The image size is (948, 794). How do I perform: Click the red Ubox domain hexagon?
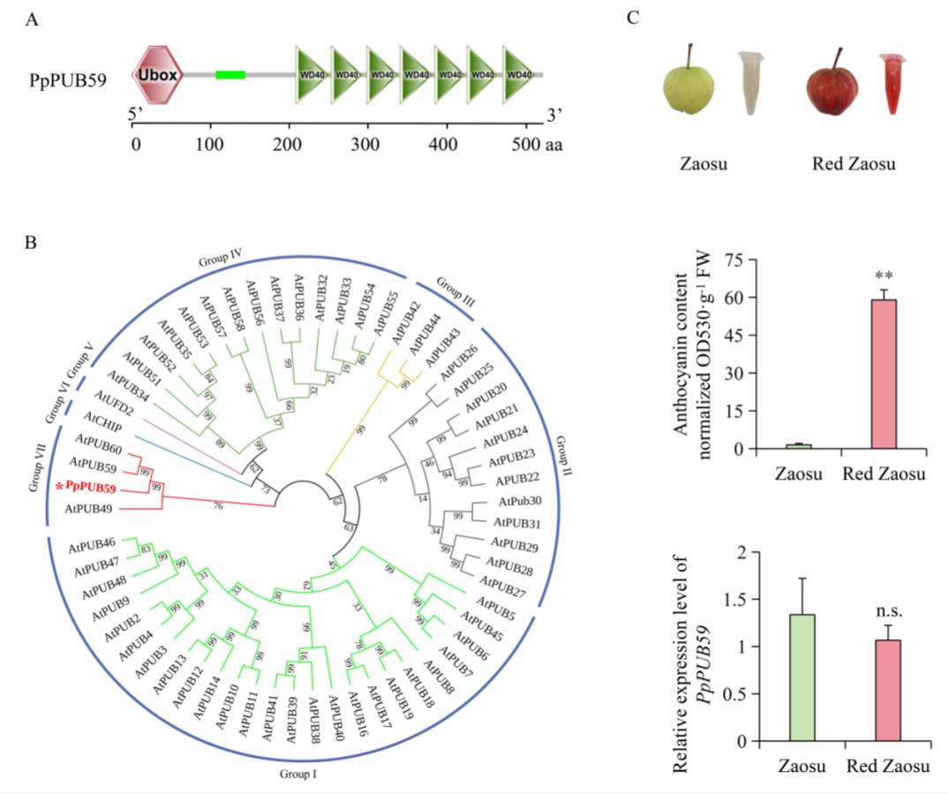tap(157, 75)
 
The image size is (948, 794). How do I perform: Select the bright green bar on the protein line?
tap(230, 75)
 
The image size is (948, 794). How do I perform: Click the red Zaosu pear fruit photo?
tap(831, 87)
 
